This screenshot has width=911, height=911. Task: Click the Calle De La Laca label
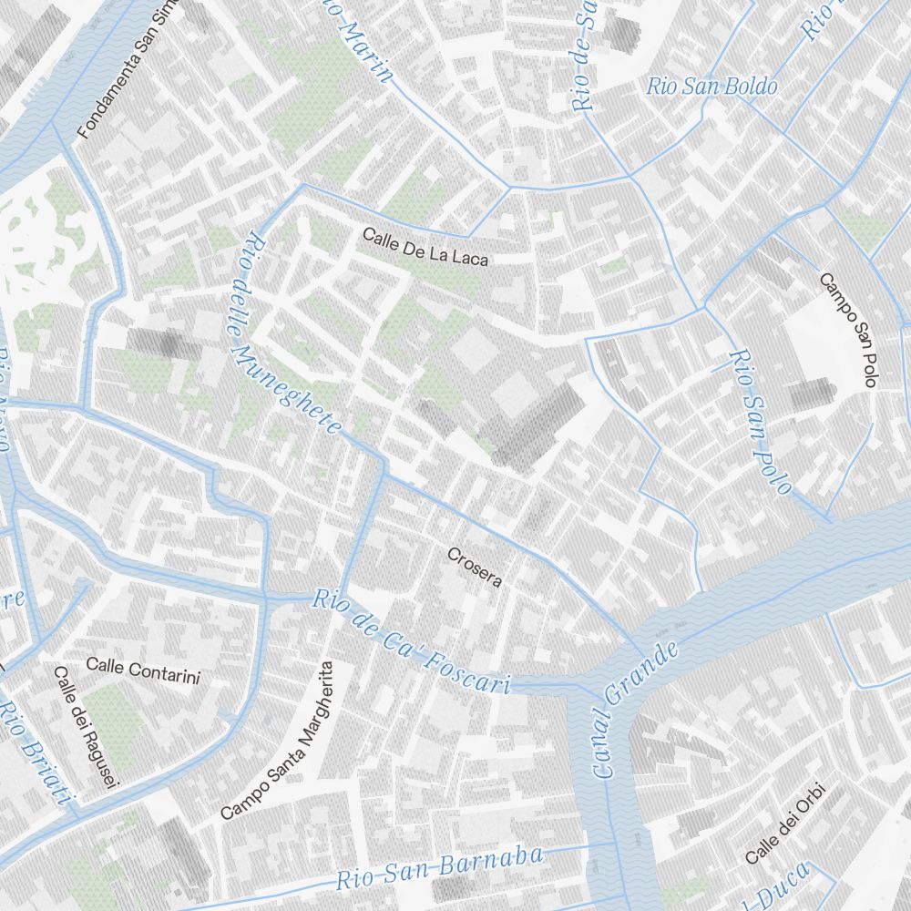425,247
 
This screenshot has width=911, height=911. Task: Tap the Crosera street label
475,567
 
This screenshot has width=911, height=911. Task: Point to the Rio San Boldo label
711,87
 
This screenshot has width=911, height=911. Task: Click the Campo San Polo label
847,330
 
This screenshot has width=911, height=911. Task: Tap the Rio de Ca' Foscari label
411,642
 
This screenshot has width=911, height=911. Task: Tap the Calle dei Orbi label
784,824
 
